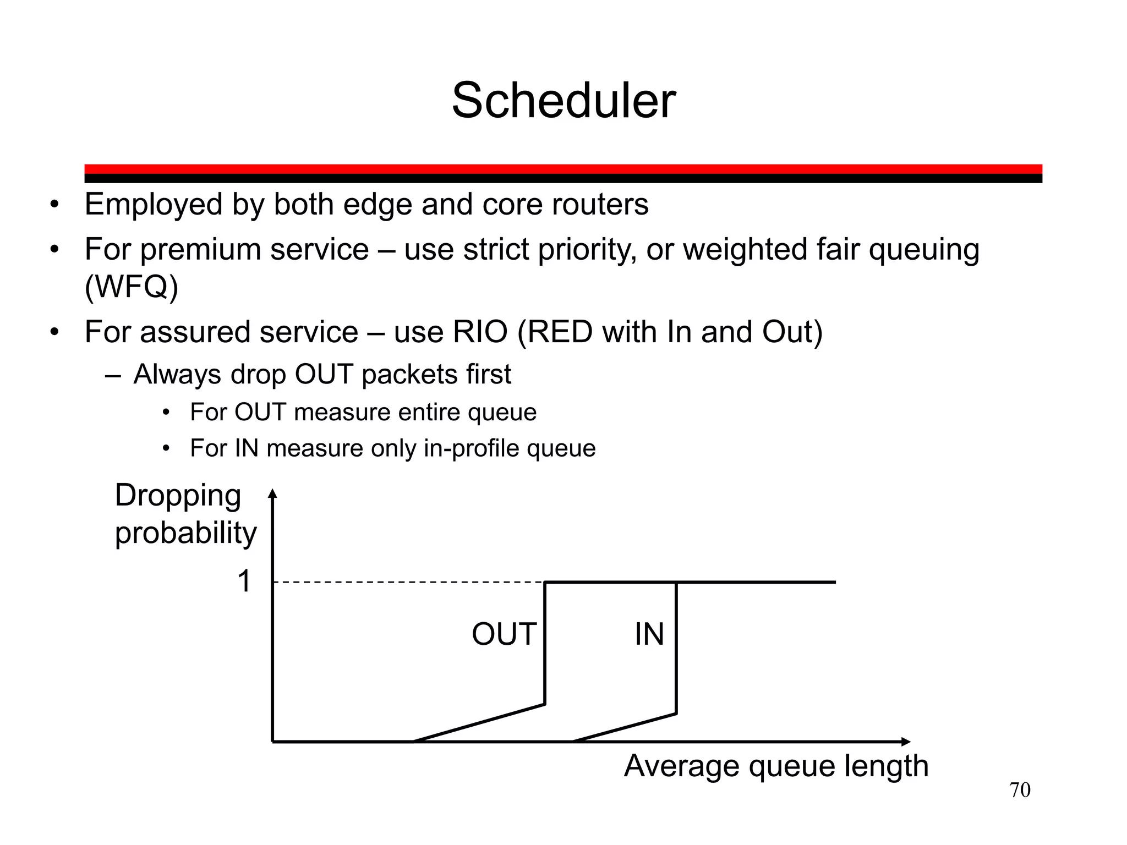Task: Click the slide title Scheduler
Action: [563, 101]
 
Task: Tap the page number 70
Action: [1020, 790]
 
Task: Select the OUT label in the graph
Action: [504, 634]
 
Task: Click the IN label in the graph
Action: [649, 634]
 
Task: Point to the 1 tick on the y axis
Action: [244, 581]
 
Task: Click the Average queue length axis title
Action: [776, 766]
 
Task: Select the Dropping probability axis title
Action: [185, 514]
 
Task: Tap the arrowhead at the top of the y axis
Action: [272, 493]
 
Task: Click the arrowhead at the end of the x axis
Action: [906, 742]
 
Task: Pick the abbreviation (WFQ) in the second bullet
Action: [132, 287]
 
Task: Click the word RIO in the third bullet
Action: [480, 332]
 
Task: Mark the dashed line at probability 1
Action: [407, 582]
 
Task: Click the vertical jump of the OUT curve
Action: [545, 643]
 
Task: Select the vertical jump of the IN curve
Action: [676, 648]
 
